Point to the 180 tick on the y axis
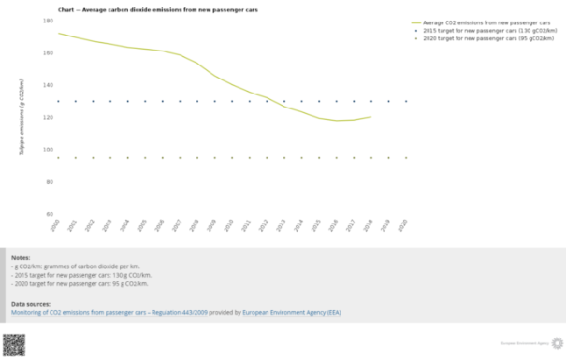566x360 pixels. click(x=48, y=20)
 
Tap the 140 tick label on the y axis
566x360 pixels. click(x=48, y=85)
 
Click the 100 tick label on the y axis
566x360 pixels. click(x=48, y=150)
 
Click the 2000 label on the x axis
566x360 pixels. click(x=54, y=226)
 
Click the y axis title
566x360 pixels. click(x=21, y=116)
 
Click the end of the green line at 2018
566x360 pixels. click(x=371, y=116)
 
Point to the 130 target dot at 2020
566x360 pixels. click(x=406, y=101)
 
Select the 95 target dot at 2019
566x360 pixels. click(x=388, y=158)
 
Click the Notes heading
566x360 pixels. click(x=21, y=258)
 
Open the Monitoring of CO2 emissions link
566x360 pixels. click(x=109, y=312)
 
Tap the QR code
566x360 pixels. click(x=13, y=344)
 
